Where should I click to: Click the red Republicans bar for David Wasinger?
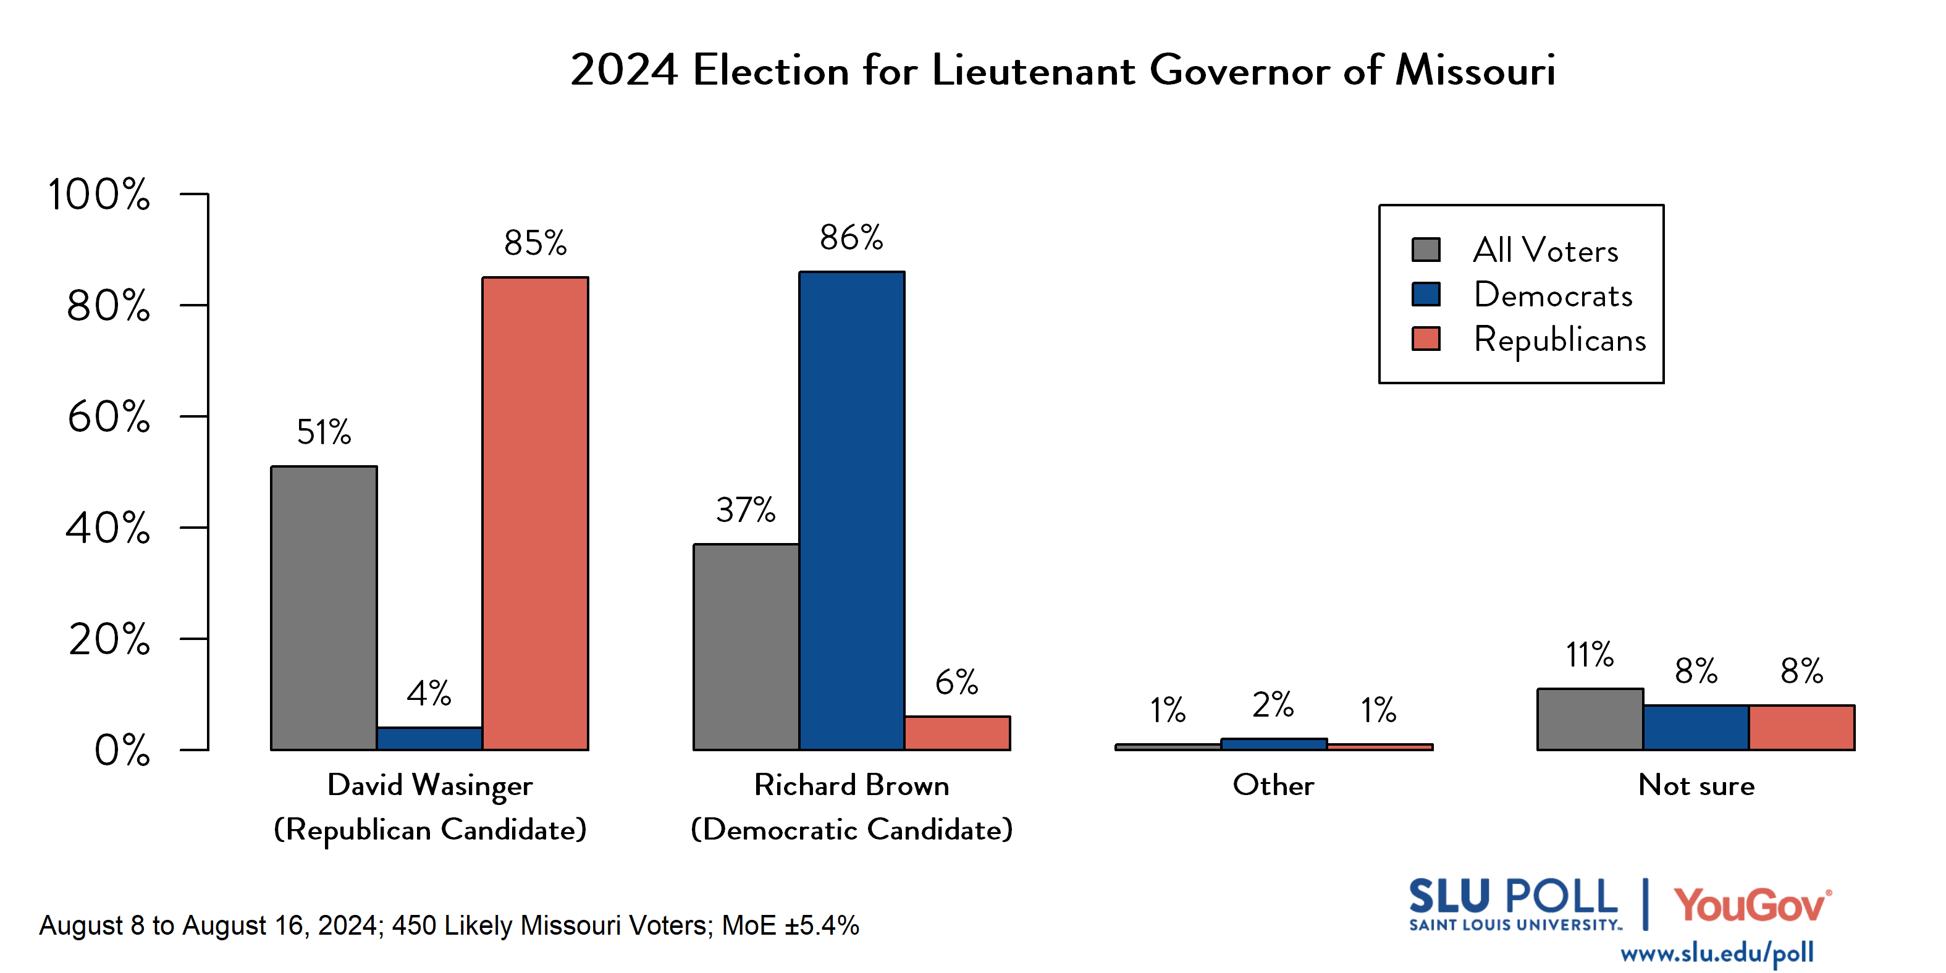(535, 514)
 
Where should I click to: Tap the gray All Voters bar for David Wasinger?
(324, 608)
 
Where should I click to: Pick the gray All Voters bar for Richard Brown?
(746, 647)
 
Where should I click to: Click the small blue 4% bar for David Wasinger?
(429, 738)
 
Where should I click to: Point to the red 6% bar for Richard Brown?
(957, 733)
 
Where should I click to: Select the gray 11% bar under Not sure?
(1590, 719)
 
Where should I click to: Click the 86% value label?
(851, 238)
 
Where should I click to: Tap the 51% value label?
(324, 432)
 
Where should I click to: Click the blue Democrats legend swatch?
(1425, 294)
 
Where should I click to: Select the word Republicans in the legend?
(1559, 339)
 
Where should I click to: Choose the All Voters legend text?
(1546, 250)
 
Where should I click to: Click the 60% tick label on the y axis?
(108, 417)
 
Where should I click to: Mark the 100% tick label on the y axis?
(99, 195)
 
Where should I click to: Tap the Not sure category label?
(1696, 785)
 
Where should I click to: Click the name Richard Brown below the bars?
(851, 785)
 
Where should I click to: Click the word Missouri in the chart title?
(1475, 70)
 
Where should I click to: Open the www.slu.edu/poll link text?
(1716, 953)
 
